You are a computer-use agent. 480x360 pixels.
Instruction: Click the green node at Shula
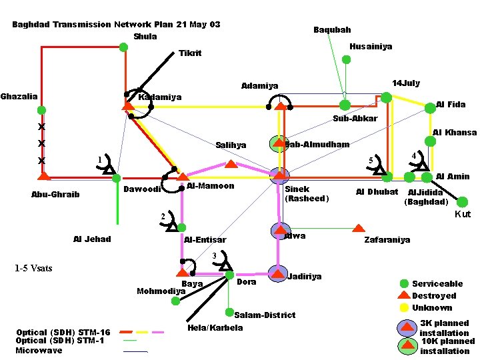(123, 47)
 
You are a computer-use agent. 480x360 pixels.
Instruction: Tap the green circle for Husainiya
(346, 59)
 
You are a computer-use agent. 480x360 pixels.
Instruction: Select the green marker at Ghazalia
(41, 110)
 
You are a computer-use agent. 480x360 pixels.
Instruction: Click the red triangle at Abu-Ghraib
(43, 177)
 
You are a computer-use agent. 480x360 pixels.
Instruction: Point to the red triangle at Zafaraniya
(359, 228)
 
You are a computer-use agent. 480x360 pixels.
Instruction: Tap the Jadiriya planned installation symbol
(277, 273)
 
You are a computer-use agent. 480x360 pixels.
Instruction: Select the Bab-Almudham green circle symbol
(277, 143)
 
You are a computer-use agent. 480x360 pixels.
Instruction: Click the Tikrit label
(190, 53)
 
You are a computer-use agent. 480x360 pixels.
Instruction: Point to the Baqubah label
(332, 30)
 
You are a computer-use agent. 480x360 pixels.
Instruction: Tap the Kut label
(463, 214)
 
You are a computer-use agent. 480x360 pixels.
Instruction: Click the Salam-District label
(265, 315)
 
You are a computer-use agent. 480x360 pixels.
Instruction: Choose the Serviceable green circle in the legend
(404, 284)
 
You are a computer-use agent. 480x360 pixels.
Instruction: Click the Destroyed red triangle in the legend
(404, 295)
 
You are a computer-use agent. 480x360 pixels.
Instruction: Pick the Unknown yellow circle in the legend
(404, 307)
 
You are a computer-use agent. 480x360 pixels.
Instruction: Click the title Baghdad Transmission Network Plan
(93, 25)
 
